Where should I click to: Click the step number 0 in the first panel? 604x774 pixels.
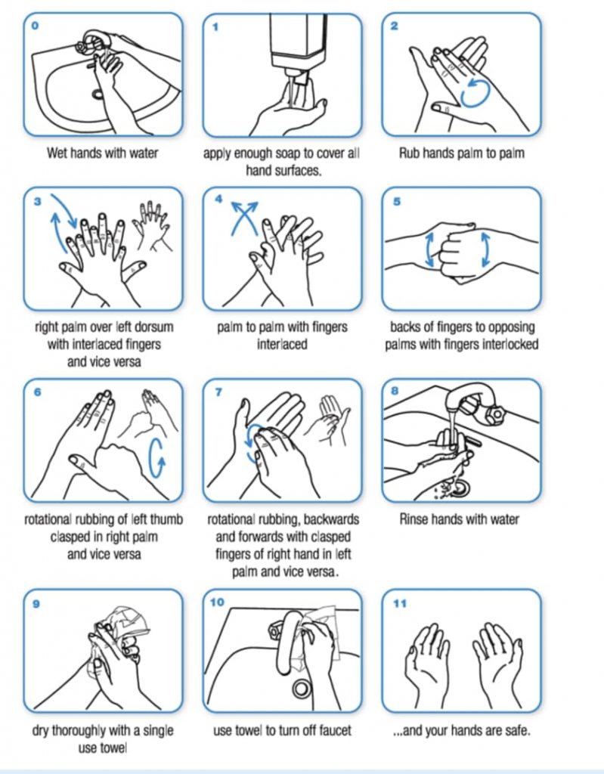tap(34, 25)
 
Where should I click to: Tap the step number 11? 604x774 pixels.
tap(400, 603)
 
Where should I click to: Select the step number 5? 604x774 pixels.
tap(397, 201)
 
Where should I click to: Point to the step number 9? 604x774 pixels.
tap(36, 603)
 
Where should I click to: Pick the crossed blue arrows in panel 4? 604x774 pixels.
tap(244, 217)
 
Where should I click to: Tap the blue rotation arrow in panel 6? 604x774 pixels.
tap(157, 457)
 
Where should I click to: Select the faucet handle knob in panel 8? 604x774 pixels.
tap(494, 412)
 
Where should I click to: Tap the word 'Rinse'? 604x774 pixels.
tap(415, 519)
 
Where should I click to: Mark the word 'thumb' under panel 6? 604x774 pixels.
tap(166, 519)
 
